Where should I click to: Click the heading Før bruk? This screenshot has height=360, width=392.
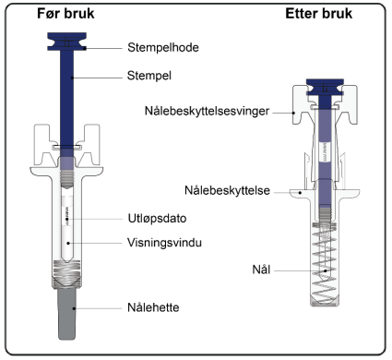tap(65, 14)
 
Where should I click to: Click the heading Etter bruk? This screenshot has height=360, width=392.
tap(319, 14)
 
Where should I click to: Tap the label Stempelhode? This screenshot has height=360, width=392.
tap(163, 48)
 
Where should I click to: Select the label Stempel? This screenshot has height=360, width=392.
tap(149, 76)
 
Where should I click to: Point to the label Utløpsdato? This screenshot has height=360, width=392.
tap(157, 219)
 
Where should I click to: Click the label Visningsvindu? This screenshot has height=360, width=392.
tap(164, 243)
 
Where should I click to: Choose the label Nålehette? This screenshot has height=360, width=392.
tap(153, 307)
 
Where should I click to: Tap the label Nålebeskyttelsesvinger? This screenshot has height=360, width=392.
tap(207, 111)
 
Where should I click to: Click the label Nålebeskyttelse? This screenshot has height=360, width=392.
tap(227, 191)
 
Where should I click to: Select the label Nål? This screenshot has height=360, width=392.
tap(261, 270)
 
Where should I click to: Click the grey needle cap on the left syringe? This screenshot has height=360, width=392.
tap(67, 314)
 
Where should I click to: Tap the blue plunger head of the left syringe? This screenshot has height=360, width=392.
tap(66, 42)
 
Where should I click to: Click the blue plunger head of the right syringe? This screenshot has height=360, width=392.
tap(325, 87)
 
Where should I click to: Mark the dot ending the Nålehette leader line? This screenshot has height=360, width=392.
tap(74, 308)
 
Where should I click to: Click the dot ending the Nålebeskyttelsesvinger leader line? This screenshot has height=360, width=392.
tap(293, 113)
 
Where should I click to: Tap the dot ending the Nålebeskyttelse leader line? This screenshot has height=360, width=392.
tap(301, 193)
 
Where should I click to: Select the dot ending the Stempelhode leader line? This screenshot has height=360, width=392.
tap(85, 48)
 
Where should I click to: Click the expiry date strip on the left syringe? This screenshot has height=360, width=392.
tap(66, 215)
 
